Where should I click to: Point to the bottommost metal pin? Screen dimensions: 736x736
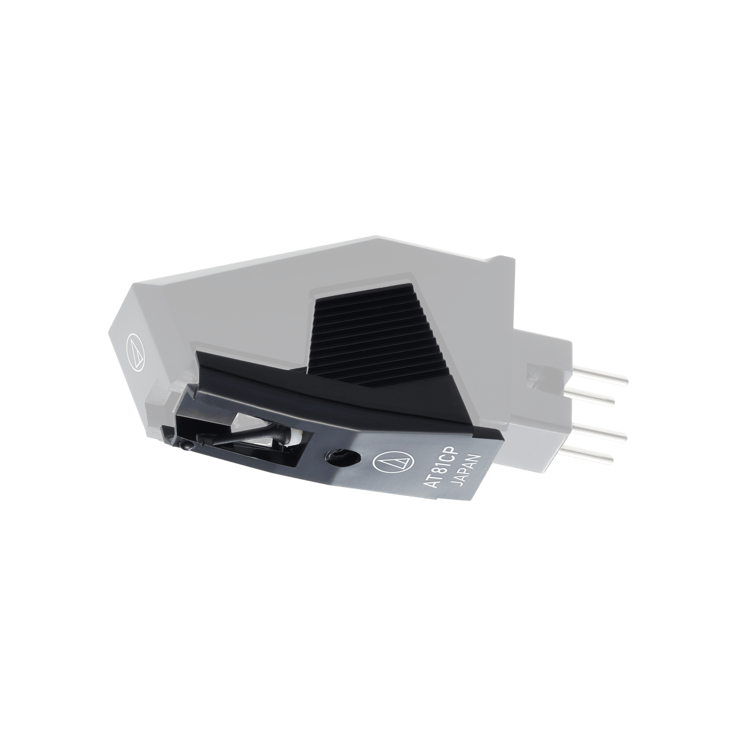591,455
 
